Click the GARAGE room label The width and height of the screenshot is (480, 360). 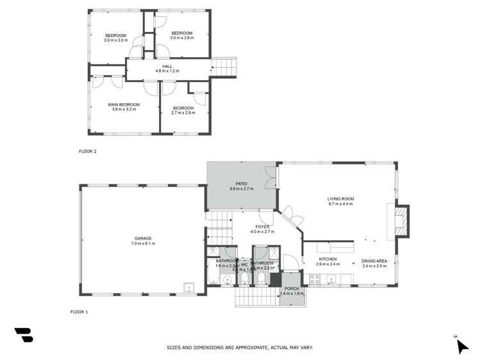tap(144, 238)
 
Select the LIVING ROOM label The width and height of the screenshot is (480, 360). tap(340, 199)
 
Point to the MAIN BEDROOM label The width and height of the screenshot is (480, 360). tap(124, 104)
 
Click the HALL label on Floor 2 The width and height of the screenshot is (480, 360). tap(167, 66)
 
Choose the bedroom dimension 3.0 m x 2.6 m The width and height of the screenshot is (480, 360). tap(181, 38)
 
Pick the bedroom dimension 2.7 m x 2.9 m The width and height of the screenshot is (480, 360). tap(183, 113)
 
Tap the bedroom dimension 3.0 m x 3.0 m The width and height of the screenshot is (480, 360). tap(116, 40)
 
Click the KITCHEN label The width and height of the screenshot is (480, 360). tap(327, 259)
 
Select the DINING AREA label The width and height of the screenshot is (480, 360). tap(374, 260)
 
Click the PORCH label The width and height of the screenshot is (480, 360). tap(292, 288)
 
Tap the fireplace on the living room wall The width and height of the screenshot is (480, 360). tap(400, 220)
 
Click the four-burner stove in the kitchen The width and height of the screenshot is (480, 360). tap(315, 279)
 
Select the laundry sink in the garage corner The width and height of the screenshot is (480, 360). tap(189, 287)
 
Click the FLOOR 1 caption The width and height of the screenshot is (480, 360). tap(79, 312)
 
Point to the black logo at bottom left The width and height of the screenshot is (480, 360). tap(23, 334)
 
